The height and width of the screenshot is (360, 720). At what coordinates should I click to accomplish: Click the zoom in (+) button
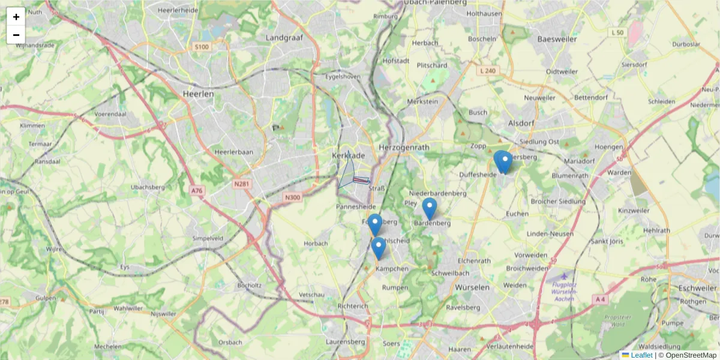point(16,17)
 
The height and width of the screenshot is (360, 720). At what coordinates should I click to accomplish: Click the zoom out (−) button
point(16,35)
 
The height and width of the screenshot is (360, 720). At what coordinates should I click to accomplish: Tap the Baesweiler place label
point(557,39)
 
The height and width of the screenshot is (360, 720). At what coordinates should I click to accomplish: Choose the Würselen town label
point(472,287)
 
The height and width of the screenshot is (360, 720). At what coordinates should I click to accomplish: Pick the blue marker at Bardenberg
point(429,208)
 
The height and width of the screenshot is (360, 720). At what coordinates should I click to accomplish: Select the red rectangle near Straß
point(361,179)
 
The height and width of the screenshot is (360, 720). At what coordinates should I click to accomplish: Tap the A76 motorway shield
point(197,190)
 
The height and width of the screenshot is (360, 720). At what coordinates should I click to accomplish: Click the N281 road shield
point(242,184)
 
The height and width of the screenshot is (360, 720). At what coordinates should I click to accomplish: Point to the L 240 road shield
point(488,71)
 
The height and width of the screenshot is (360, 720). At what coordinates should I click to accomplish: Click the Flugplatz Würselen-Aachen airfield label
point(564,291)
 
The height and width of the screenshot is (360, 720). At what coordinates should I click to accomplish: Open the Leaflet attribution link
point(641,355)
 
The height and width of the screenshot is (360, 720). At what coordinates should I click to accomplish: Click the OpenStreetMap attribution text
point(691,355)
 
